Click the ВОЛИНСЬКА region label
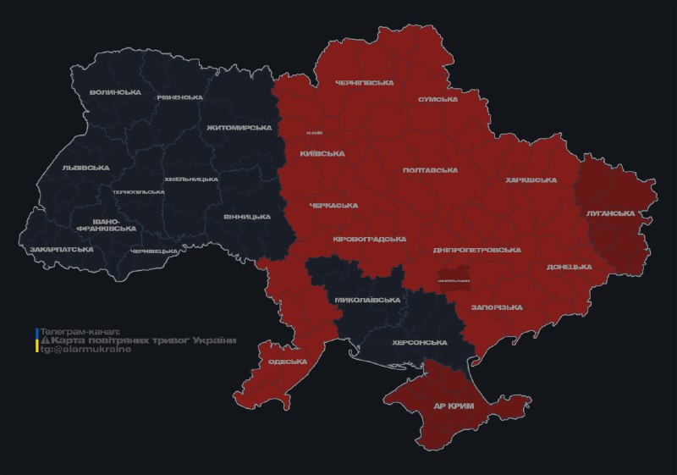click(115, 91)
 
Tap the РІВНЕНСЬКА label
click(179, 97)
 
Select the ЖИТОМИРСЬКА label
click(239, 128)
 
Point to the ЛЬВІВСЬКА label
click(85, 168)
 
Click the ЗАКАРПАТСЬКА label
click(61, 250)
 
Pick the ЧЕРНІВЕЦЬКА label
click(154, 251)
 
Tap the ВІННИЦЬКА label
click(247, 217)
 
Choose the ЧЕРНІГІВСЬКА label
click(364, 83)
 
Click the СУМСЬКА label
click(438, 99)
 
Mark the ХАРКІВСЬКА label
click(531, 180)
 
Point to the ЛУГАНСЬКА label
click(610, 213)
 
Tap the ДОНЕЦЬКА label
click(569, 267)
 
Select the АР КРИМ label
click(454, 406)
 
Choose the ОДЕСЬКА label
click(286, 362)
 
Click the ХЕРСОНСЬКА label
click(419, 342)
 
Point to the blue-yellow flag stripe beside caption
click(37, 340)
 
